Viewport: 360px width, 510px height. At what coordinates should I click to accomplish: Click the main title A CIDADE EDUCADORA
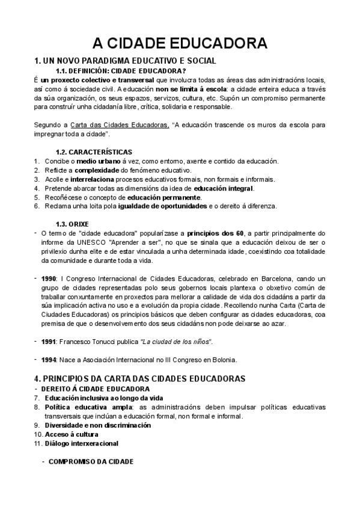click(x=180, y=44)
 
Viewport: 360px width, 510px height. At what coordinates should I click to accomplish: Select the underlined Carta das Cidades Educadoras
click(x=119, y=125)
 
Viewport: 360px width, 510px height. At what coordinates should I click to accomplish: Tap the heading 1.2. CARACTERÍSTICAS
click(x=94, y=152)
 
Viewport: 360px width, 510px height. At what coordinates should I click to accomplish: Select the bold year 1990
click(x=49, y=279)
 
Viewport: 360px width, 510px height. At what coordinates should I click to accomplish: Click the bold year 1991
click(x=49, y=342)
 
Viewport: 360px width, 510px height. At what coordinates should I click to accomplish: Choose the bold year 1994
click(x=49, y=360)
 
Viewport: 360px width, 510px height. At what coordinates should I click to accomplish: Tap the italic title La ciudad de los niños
click(x=176, y=342)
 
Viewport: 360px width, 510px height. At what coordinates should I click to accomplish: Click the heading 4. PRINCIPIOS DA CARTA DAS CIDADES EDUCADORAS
click(x=140, y=379)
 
